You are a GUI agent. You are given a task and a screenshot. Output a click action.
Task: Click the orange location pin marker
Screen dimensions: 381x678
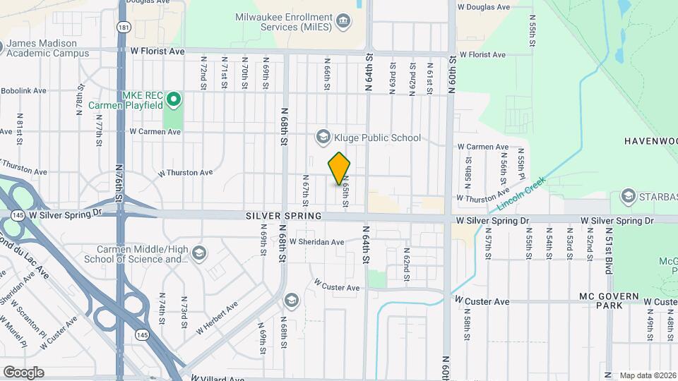[x=339, y=168]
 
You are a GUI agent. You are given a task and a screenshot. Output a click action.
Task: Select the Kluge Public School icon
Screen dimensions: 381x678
[x=323, y=137]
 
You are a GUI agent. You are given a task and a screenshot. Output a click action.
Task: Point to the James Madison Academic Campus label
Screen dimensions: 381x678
[x=49, y=48]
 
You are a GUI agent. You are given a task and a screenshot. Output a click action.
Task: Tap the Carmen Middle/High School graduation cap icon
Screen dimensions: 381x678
[x=200, y=253]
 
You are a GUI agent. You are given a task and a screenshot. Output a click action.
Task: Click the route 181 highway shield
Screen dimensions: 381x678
[x=124, y=28]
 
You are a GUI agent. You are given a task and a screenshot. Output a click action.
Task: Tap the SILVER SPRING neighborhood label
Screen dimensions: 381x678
[x=284, y=216]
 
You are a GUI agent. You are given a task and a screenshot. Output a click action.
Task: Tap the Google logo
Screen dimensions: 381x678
[x=23, y=372]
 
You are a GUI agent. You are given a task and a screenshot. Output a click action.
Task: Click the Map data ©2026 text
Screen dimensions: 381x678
[x=648, y=375]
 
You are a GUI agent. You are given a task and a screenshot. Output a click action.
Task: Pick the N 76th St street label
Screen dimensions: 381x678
[x=119, y=186]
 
